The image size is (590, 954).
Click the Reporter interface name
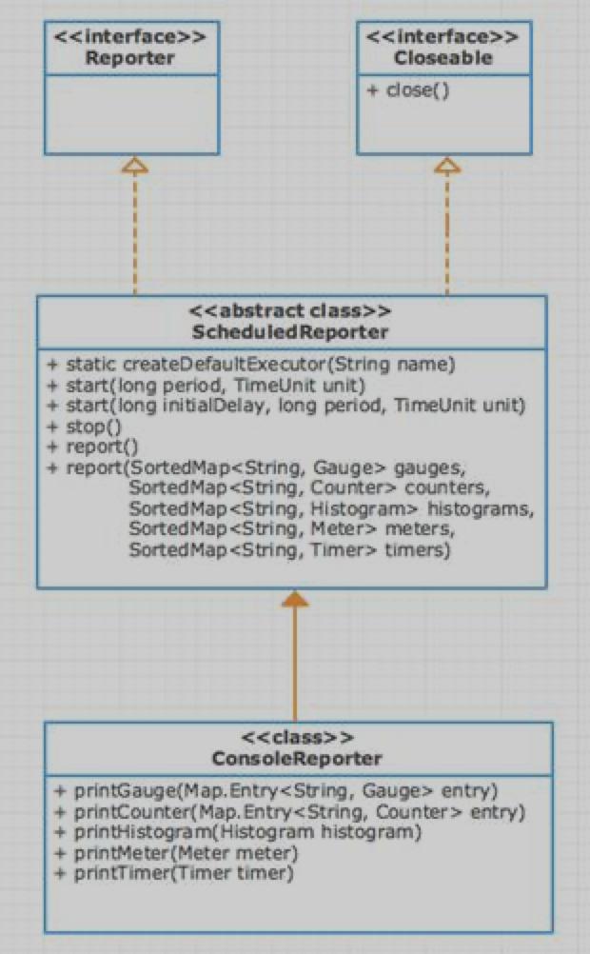coord(130,59)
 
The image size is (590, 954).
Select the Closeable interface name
coord(443,59)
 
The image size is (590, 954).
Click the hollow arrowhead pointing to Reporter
coord(135,166)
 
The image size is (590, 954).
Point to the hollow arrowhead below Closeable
coord(447,166)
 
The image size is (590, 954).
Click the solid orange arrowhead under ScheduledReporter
coord(295,598)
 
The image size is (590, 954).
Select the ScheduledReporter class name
coord(291,332)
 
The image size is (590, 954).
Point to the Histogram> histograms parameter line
coord(330,509)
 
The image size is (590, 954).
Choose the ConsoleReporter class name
coord(297,759)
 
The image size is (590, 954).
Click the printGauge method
coord(276,790)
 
